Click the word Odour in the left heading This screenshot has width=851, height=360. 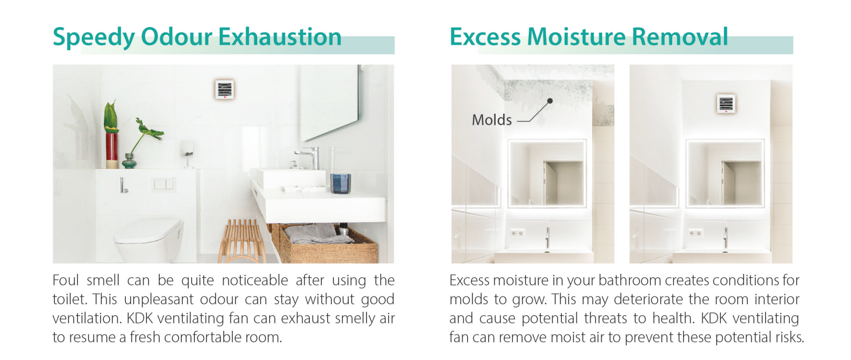176,37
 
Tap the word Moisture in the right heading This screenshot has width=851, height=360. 576,37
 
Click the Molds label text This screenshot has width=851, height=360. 492,120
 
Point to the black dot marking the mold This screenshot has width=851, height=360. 550,100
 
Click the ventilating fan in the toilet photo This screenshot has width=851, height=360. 225,89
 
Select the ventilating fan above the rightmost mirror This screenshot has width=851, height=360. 726,104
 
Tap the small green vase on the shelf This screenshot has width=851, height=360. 129,161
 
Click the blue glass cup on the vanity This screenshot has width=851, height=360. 341,184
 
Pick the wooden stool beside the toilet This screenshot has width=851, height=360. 242,242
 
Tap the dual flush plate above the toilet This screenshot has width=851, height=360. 164,184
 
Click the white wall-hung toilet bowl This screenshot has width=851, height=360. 149,240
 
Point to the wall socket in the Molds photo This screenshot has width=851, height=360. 518,233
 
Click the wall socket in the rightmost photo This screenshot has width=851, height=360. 695,232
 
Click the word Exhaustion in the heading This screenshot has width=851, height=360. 280,37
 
